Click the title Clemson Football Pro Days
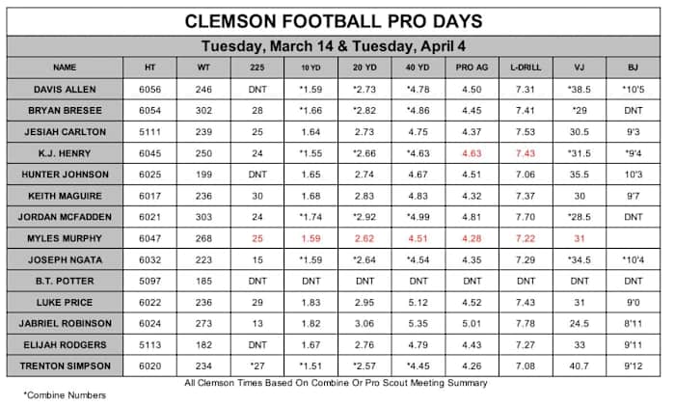pyautogui.click(x=335, y=20)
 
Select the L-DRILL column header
pyautogui.click(x=525, y=68)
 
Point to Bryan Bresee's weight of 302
pyautogui.click(x=203, y=110)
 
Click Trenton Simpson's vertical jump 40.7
pyautogui.click(x=580, y=365)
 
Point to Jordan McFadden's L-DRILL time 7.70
pyautogui.click(x=525, y=216)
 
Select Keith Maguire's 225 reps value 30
pyautogui.click(x=257, y=195)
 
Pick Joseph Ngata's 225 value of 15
pyautogui.click(x=257, y=258)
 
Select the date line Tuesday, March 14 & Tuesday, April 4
pyautogui.click(x=335, y=46)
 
